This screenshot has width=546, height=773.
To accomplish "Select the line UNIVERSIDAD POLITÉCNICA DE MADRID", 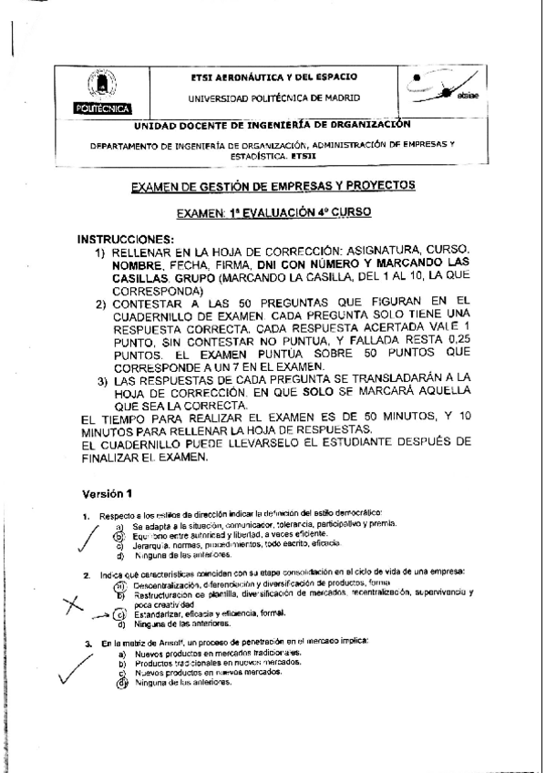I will [x=273, y=97].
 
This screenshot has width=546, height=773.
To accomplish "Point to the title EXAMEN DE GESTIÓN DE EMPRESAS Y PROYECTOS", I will [x=273, y=185].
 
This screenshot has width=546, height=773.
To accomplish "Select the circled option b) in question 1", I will [x=118, y=536].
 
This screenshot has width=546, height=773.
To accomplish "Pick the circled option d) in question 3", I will [x=119, y=683].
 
